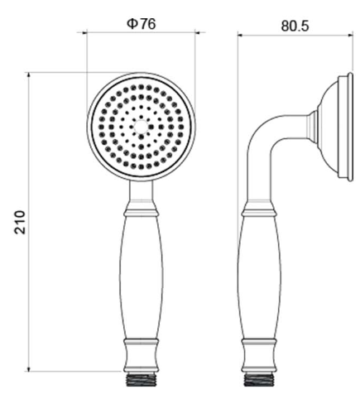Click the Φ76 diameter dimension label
tap(142, 24)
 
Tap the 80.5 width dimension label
tap(295, 26)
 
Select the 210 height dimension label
tap(20, 223)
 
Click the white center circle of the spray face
tap(141, 127)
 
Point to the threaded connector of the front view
tap(141, 379)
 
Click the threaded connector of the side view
tap(259, 379)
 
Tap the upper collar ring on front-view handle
tap(141, 213)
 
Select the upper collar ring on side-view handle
tap(259, 213)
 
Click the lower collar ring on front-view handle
tap(141, 343)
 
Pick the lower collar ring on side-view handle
tap(259, 343)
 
